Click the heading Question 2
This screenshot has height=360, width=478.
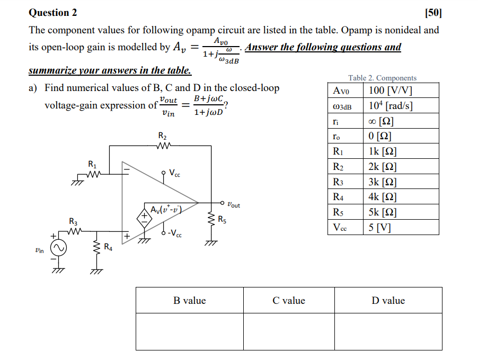click(53, 12)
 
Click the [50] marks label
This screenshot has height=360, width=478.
click(433, 12)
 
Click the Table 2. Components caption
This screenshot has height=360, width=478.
click(382, 78)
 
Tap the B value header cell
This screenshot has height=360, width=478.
click(190, 301)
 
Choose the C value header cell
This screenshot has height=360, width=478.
click(289, 301)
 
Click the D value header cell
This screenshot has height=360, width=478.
click(388, 301)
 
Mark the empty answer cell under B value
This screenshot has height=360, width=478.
click(190, 332)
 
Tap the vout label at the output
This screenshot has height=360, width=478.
click(233, 204)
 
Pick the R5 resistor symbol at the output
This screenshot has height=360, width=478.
click(211, 221)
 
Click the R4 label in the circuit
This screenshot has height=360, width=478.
click(108, 246)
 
